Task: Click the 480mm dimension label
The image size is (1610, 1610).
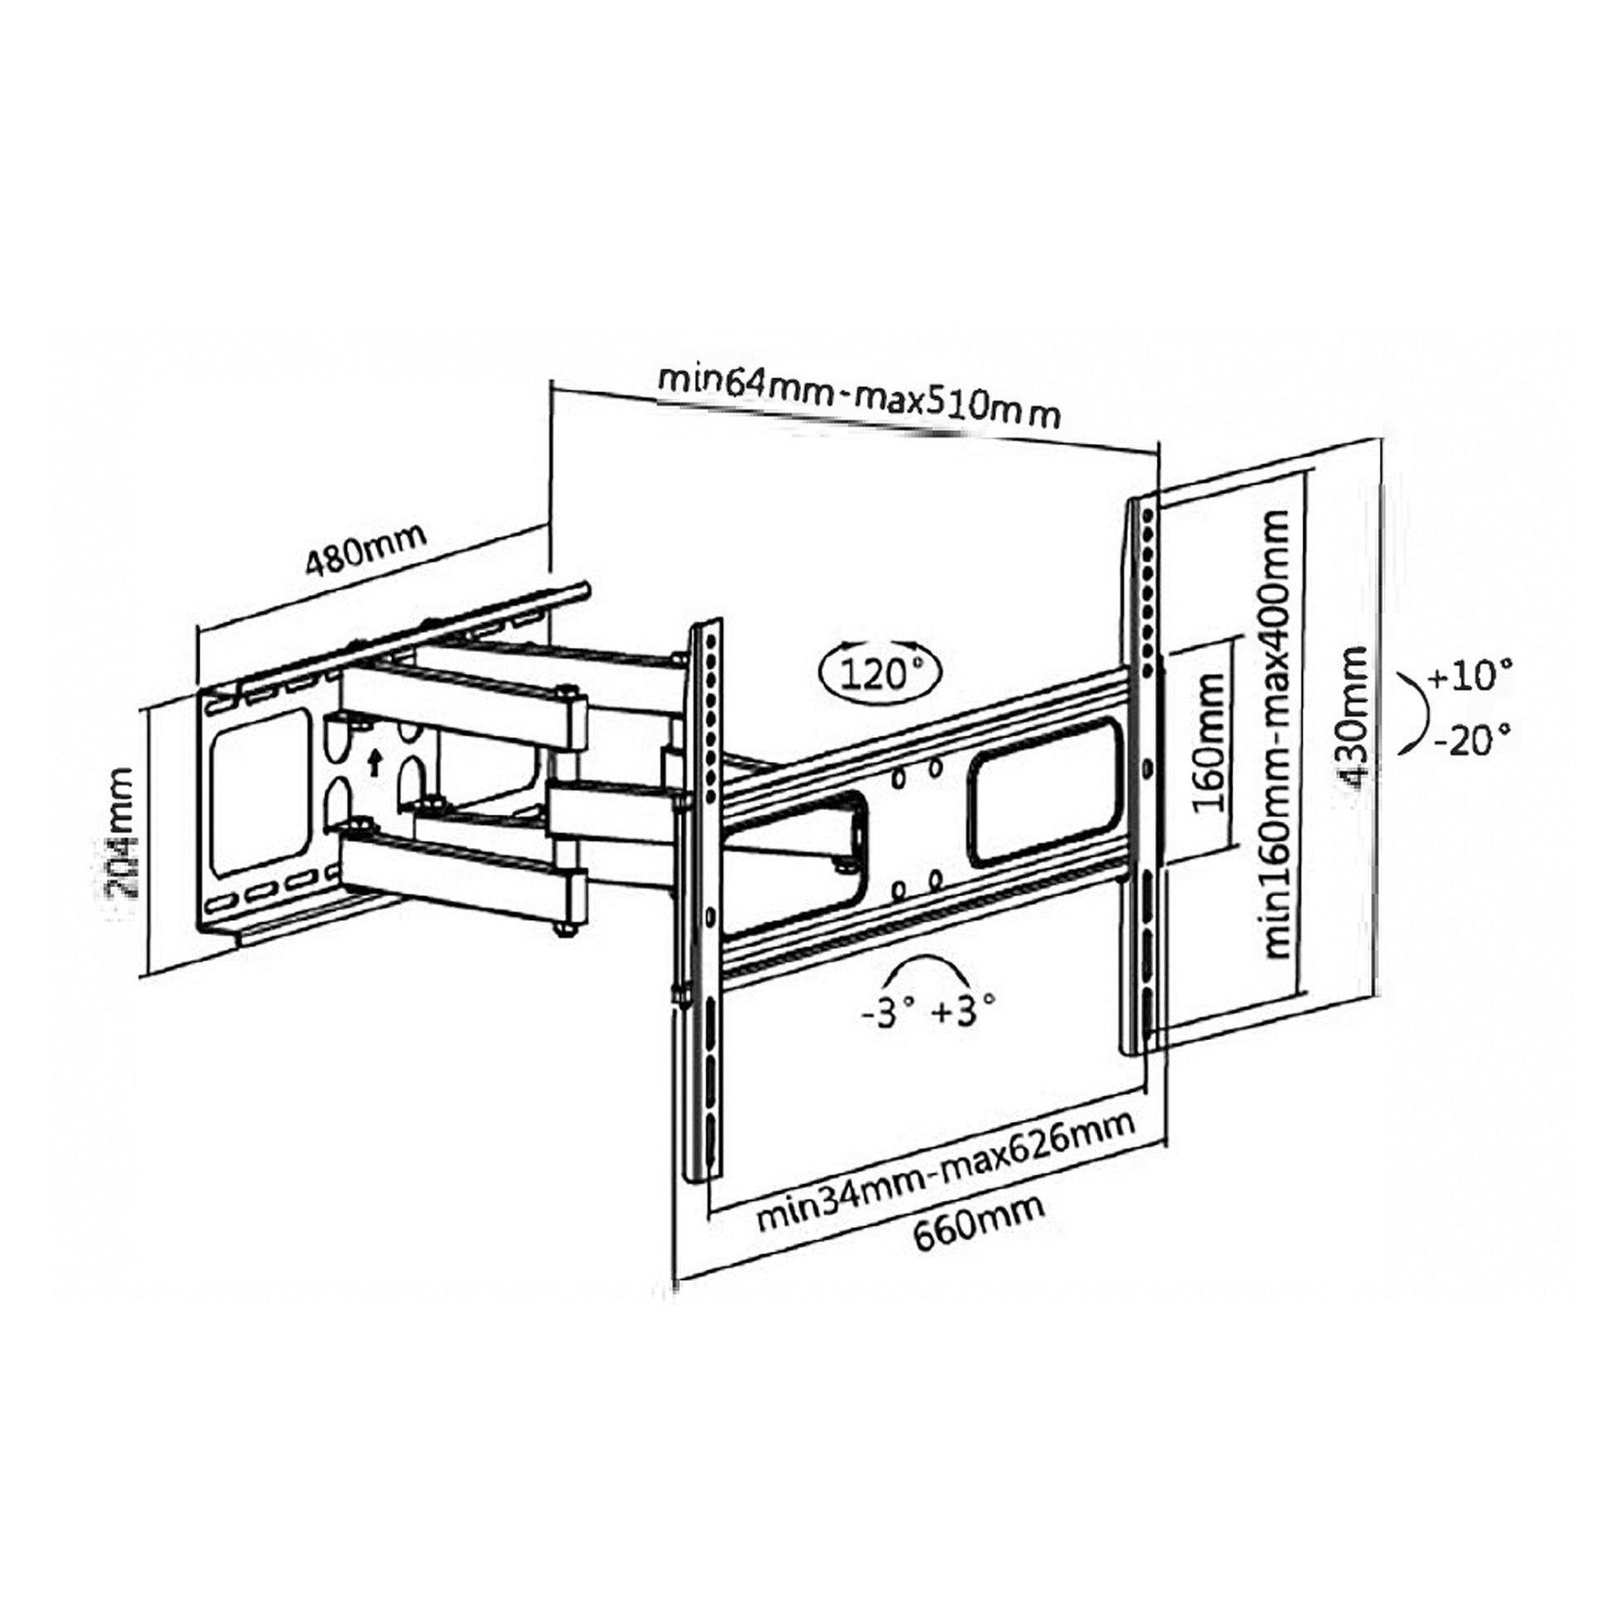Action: [x=364, y=551]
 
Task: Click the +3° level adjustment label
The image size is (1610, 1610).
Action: [x=962, y=1013]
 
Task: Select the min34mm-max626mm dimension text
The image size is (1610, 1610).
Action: [x=945, y=1172]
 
